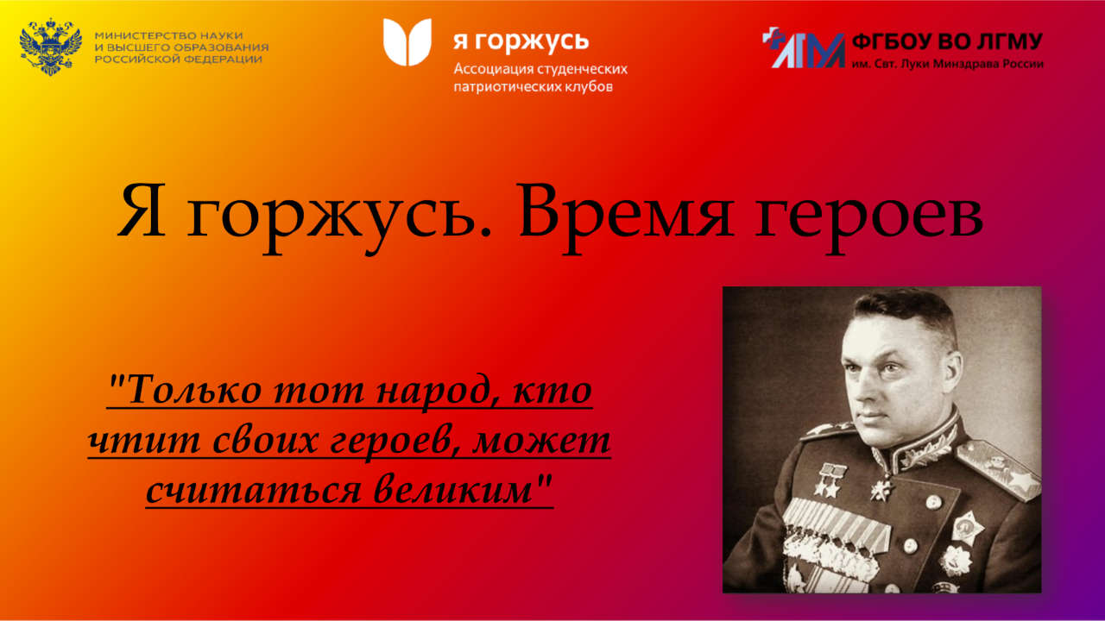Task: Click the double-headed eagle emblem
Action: [x=50, y=47]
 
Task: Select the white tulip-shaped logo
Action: [x=407, y=42]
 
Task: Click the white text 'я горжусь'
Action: [x=521, y=42]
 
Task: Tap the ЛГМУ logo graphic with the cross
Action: [x=804, y=47]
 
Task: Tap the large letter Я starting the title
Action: [x=142, y=211]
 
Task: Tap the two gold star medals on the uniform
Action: [x=830, y=480]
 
